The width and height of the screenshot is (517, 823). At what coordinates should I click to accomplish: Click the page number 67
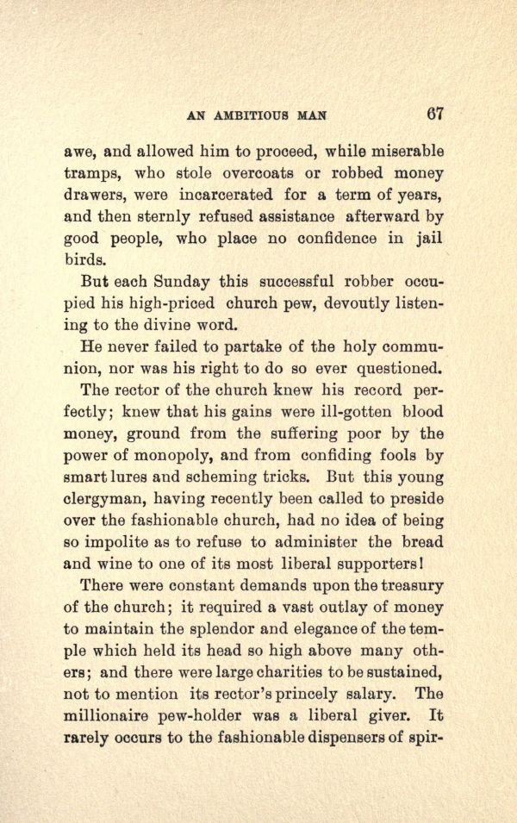pyautogui.click(x=433, y=114)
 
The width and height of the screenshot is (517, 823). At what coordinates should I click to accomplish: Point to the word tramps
pyautogui.click(x=97, y=173)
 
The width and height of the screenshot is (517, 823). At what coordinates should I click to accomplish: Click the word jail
pyautogui.click(x=428, y=239)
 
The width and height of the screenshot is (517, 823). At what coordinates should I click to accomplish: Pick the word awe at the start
pyautogui.click(x=80, y=152)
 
